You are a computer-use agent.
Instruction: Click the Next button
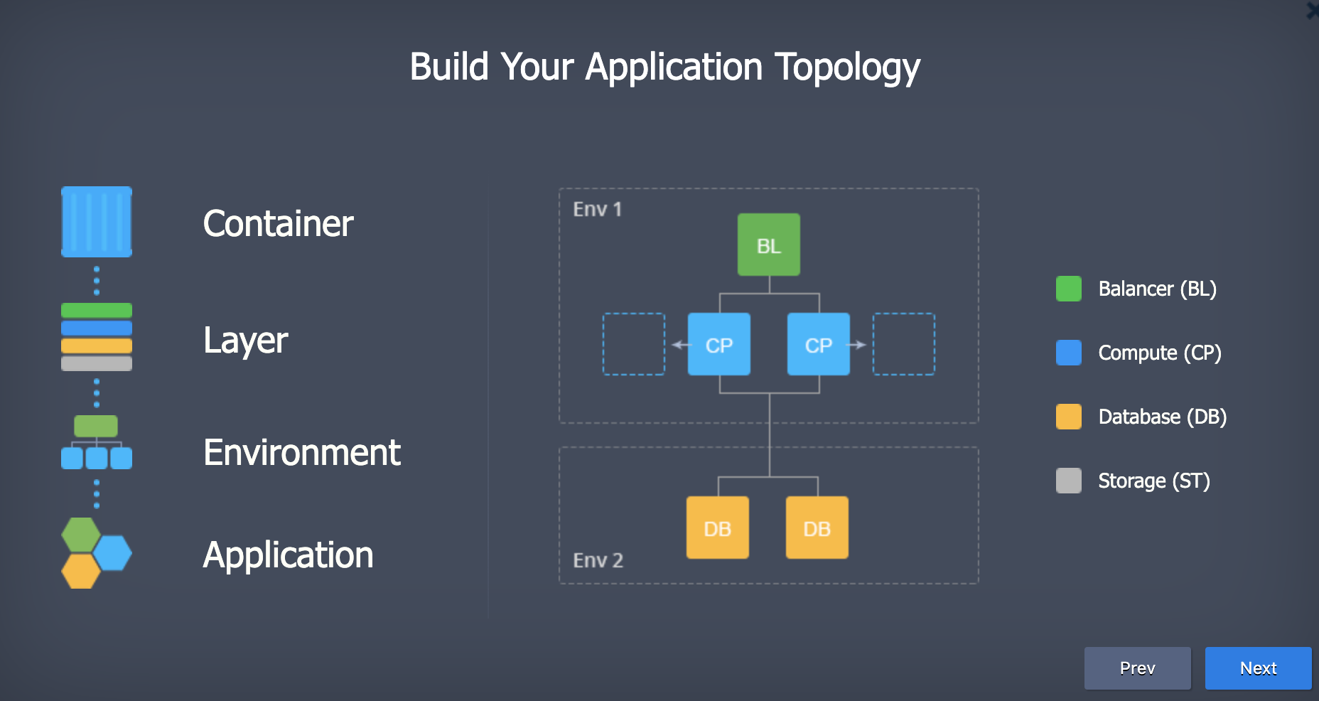coord(1258,668)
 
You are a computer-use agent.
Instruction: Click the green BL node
coord(768,245)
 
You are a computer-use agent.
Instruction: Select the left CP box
coord(718,344)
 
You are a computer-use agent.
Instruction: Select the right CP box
coord(818,344)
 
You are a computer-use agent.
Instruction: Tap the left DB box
coord(717,528)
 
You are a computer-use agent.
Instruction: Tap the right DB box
coord(817,528)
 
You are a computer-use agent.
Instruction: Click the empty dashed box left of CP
coord(634,344)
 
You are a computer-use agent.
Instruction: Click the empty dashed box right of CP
coord(903,344)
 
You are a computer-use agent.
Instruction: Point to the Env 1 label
coord(597,209)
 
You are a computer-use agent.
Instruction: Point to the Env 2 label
coord(598,560)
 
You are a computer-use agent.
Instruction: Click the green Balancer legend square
coord(1068,289)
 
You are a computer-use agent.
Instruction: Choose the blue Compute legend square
coord(1068,353)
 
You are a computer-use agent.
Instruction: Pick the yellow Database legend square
coord(1068,417)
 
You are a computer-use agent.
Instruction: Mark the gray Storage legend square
coord(1068,481)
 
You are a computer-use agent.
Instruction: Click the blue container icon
coord(97,222)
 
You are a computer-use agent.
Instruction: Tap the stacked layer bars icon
coord(97,337)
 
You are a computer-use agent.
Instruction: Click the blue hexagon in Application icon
coord(112,552)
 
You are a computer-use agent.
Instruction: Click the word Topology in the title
coord(847,68)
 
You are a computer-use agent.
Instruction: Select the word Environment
coord(301,453)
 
